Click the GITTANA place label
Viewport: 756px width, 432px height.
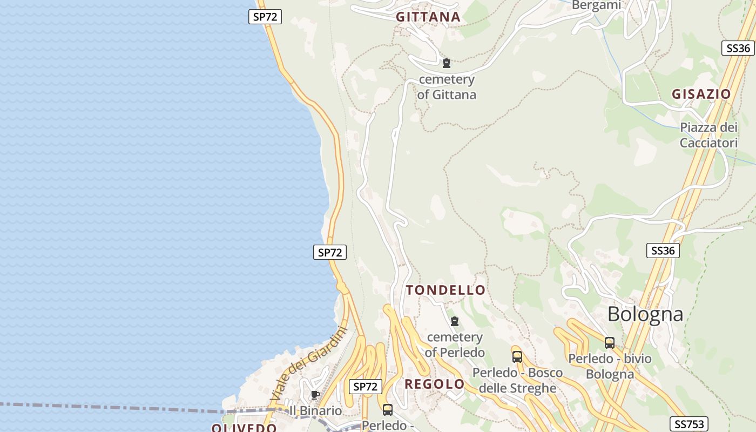428,17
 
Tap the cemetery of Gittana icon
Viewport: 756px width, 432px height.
446,63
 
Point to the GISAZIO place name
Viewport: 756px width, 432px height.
701,94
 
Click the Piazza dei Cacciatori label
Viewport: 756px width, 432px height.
708,136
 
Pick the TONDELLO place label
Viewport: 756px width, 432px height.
446,290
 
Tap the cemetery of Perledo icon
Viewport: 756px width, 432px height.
455,321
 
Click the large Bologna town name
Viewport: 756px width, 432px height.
645,314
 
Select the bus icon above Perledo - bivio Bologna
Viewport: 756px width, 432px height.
610,342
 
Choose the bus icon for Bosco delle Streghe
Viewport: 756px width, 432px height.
517,356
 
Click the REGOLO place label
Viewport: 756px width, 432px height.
434,384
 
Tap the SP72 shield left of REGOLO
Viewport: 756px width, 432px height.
366,387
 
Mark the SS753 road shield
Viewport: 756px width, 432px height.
688,424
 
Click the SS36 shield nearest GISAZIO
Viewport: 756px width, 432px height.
738,48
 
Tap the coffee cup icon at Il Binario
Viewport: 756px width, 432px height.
315,395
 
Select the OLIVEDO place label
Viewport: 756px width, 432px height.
244,428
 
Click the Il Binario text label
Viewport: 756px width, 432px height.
316,411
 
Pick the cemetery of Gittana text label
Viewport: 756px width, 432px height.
447,87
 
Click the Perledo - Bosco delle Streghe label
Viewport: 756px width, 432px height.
517,380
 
